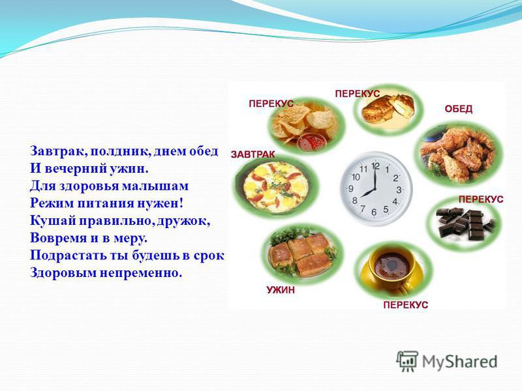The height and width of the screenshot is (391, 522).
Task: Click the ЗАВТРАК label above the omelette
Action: tap(253, 154)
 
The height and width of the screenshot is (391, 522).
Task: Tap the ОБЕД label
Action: tap(459, 109)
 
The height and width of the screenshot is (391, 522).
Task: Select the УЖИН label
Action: tap(281, 290)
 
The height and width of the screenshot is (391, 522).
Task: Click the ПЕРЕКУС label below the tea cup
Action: tap(405, 305)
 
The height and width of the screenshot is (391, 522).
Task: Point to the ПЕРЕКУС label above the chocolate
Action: tap(481, 199)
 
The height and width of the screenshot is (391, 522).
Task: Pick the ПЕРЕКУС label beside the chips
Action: tap(271, 104)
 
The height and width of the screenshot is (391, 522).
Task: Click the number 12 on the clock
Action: tap(376, 166)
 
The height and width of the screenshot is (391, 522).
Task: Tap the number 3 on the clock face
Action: tap(399, 190)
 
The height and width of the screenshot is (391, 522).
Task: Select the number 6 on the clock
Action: tap(374, 212)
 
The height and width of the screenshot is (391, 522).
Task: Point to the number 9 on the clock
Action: tap(351, 189)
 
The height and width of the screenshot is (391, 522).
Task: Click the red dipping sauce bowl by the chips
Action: tap(310, 142)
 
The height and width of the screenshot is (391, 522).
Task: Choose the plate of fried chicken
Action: tap(459, 154)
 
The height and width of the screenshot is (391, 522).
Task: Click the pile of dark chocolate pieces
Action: tap(465, 224)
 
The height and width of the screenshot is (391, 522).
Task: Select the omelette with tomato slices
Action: tap(275, 188)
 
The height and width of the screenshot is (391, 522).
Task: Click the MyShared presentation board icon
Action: tap(407, 361)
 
